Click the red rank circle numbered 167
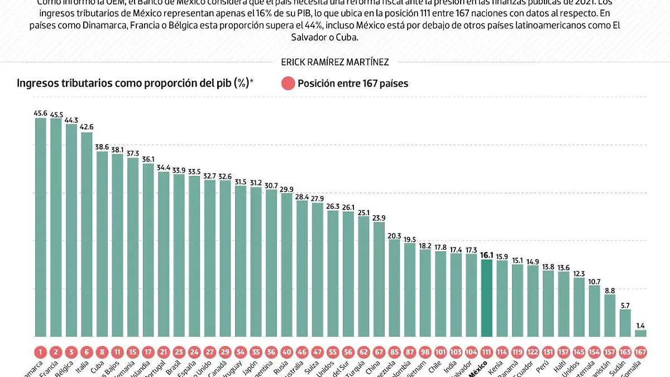click(640, 352)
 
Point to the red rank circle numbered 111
click(487, 352)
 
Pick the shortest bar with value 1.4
click(640, 333)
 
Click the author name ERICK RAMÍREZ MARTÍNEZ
click(335, 63)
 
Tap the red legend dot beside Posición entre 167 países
click(288, 84)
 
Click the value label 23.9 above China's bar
click(379, 217)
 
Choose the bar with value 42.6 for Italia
click(87, 234)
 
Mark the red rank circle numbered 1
click(41, 352)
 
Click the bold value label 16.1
click(487, 255)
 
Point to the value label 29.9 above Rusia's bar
click(286, 189)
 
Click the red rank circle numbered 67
click(379, 352)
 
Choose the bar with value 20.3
click(394, 288)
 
